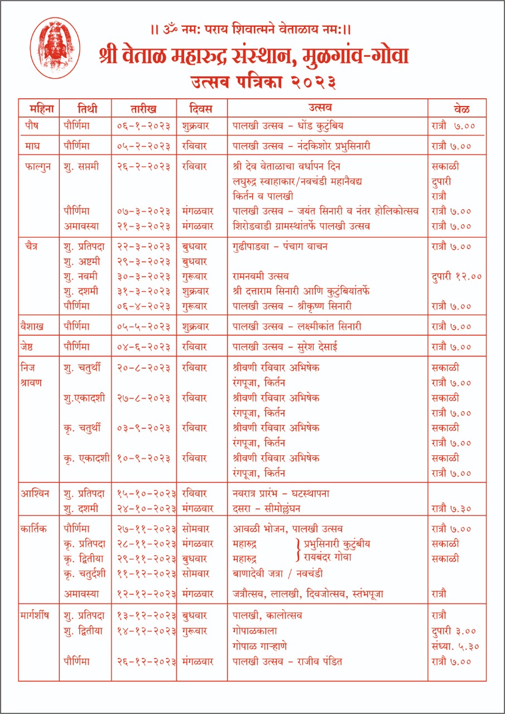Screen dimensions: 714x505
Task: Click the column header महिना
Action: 39,108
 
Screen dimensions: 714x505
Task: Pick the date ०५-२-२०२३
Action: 143,146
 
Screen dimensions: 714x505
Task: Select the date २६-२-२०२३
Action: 143,166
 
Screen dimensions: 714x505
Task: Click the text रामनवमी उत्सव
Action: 261,276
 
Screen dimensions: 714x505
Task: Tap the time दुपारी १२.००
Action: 456,276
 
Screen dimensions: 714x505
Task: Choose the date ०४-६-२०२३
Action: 143,347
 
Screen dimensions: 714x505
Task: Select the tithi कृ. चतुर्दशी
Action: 85,573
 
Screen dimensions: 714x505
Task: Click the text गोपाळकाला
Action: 255,631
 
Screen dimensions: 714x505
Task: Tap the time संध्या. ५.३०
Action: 456,647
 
